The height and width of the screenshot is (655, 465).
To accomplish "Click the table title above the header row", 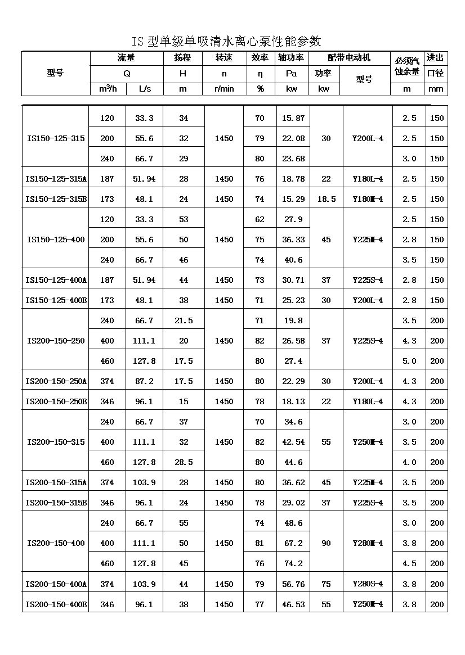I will tap(226, 41).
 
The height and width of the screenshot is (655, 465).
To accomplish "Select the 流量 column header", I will tap(127, 58).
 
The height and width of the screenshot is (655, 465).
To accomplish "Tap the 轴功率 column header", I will tap(291, 58).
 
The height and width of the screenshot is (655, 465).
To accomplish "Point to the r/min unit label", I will tap(224, 89).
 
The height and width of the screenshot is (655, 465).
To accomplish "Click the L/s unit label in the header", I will tap(144, 89).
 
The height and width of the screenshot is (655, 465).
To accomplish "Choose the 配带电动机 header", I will tap(349, 58).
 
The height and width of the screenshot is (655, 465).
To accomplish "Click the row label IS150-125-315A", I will tap(56, 179).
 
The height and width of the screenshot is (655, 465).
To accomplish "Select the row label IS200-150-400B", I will tap(56, 604).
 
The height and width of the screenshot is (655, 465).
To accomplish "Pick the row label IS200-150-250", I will tap(56, 341).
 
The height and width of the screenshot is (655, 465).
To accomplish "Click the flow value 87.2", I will tap(144, 381).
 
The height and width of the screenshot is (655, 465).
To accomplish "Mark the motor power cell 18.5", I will tap(326, 199).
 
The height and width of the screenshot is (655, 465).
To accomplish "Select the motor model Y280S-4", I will tap(368, 584).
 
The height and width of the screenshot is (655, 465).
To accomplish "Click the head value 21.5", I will tap(184, 320).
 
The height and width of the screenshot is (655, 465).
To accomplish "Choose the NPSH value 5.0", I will tap(409, 361).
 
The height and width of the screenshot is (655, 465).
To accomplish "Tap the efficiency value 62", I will tap(260, 219).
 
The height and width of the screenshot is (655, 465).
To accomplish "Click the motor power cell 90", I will tap(326, 543).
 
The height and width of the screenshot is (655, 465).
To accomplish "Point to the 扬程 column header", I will tap(183, 58).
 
